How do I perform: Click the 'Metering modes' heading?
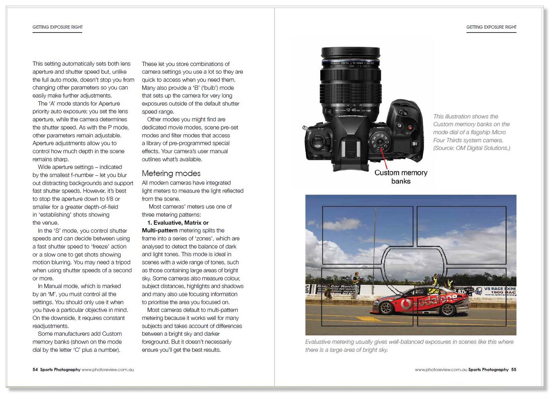pyautogui.click(x=171, y=174)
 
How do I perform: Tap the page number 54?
pyautogui.click(x=35, y=370)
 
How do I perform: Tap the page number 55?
pyautogui.click(x=514, y=370)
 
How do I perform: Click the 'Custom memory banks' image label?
pyautogui.click(x=401, y=177)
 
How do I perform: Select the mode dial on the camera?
pyautogui.click(x=380, y=142)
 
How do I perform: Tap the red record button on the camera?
pyautogui.click(x=410, y=127)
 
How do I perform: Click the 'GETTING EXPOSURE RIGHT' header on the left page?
pyautogui.click(x=57, y=27)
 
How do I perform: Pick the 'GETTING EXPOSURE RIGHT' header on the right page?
pyautogui.click(x=491, y=27)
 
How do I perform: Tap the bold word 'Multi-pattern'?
pyautogui.click(x=160, y=230)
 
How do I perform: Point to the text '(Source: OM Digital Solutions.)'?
pyautogui.click(x=472, y=148)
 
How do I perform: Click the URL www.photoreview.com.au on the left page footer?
pyautogui.click(x=107, y=370)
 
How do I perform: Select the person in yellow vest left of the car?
pyautogui.click(x=356, y=284)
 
